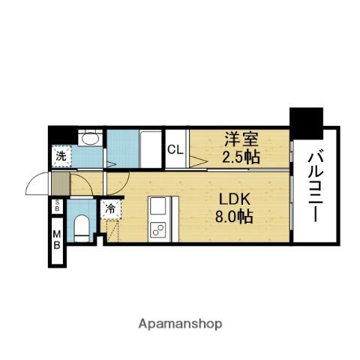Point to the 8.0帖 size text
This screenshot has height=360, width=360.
click(234, 218)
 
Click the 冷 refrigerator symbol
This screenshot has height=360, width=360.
click(110, 209)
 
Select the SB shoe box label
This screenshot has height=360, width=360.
click(56, 208)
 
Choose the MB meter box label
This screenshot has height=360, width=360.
click(56, 241)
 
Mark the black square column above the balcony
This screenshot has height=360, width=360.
click(306, 123)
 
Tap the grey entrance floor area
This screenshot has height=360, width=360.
click(58, 182)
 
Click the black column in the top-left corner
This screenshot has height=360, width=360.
click(57, 134)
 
